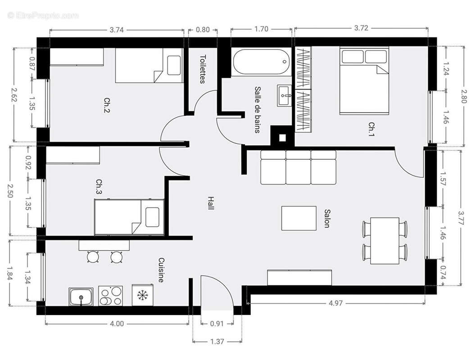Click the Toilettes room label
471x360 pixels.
click(203, 69)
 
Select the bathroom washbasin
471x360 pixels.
click(285, 95)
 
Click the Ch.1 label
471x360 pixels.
click(371, 129)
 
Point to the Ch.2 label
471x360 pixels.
click(107, 105)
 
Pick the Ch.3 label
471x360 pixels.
click(100, 187)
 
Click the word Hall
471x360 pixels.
click(210, 203)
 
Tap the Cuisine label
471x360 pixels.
click(161, 270)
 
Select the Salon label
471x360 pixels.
click(327, 218)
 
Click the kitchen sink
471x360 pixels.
click(81, 297)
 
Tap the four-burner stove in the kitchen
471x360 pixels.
click(111, 297)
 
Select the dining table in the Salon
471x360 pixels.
click(385, 241)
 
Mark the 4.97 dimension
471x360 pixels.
click(335, 303)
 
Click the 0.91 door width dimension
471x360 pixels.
click(217, 323)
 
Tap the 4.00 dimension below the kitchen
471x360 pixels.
click(117, 323)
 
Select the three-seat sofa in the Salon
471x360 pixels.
click(299, 167)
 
